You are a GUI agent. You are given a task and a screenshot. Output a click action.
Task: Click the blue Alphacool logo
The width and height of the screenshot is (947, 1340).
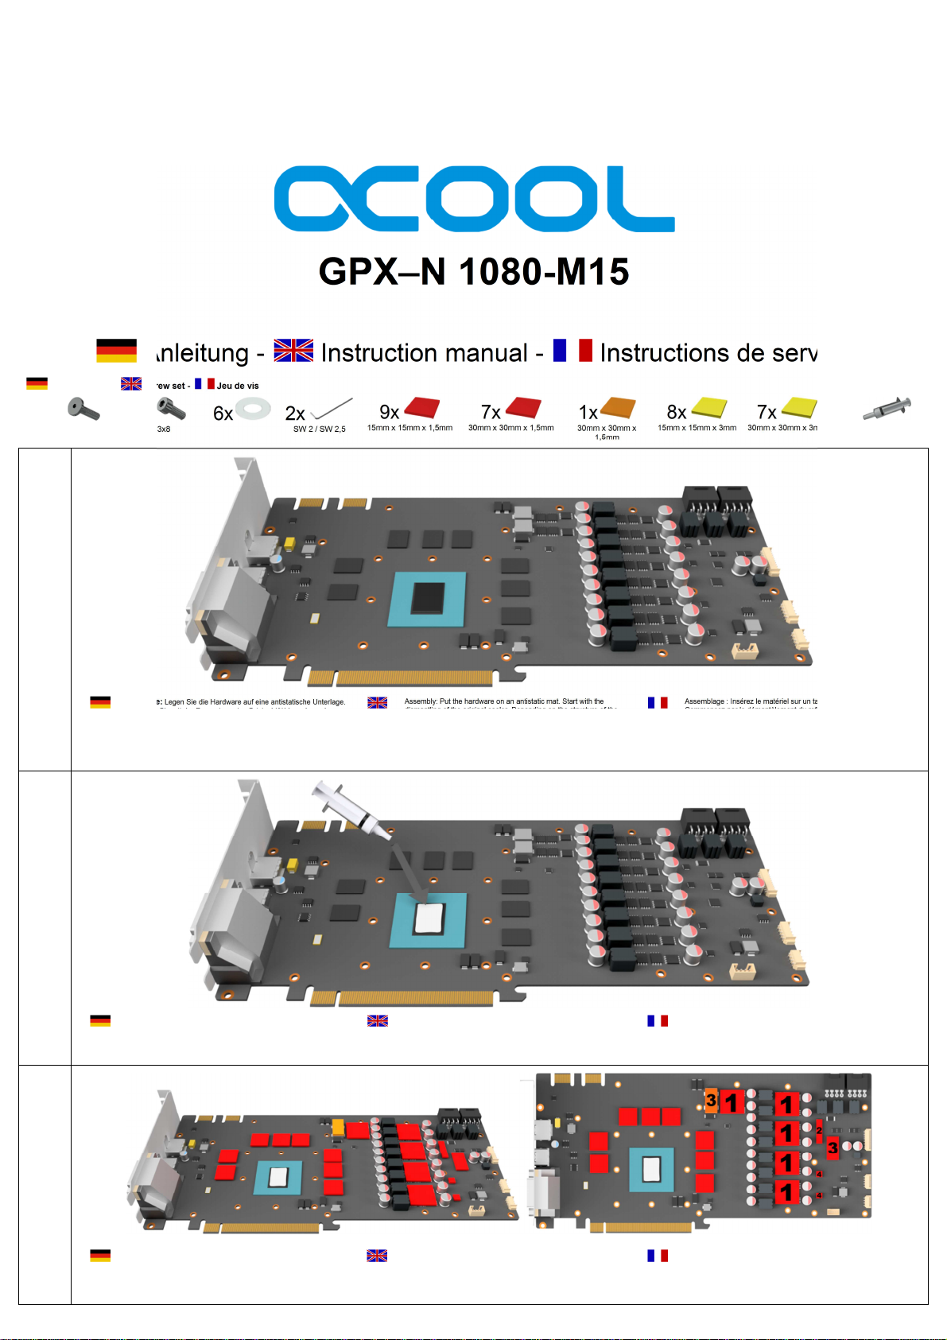pos(474,199)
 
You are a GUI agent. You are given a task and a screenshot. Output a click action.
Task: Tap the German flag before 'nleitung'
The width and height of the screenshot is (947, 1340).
pos(116,351)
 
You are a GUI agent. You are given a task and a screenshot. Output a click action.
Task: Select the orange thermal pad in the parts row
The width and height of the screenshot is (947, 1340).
pos(618,408)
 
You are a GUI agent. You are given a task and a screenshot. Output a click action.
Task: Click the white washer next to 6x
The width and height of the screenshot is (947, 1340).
pos(253,410)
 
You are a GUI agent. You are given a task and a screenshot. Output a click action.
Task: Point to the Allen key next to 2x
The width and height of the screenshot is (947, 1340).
pos(332,409)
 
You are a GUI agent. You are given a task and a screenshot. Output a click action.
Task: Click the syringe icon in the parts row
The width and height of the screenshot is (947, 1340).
pos(887,409)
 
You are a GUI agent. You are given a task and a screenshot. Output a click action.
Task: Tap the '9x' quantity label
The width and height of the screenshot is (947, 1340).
pos(389,412)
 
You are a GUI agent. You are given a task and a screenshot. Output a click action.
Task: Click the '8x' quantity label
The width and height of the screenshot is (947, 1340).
pos(677,412)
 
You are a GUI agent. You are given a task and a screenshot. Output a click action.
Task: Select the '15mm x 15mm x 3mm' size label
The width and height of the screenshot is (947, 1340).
pos(697,428)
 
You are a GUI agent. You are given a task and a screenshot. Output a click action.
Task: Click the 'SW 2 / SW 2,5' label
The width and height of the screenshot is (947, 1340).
pos(319,429)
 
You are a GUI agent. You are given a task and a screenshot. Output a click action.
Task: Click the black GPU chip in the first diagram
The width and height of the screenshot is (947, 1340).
pos(428,598)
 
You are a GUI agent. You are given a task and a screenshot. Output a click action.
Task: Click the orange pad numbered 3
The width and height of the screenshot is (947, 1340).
pos(711,1100)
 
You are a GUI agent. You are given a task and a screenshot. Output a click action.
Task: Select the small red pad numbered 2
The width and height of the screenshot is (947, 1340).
pos(819,1130)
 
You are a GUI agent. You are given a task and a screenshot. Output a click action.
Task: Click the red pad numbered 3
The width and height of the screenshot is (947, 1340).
pos(833,1148)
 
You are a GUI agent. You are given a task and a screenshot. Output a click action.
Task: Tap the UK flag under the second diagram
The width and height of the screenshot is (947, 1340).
pos(377,1020)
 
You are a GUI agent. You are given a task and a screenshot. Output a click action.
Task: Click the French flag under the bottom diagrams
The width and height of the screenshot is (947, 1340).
pos(657,1256)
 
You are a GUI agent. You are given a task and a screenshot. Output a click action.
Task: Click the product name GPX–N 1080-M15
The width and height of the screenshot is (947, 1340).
pos(474,272)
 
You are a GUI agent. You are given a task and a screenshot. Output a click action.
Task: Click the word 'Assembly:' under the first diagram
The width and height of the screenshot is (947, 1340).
pos(420,701)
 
